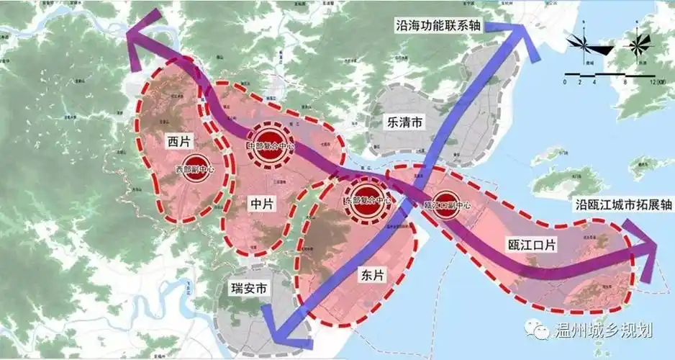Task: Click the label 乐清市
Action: click(405, 122)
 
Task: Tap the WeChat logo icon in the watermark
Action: click(538, 330)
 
